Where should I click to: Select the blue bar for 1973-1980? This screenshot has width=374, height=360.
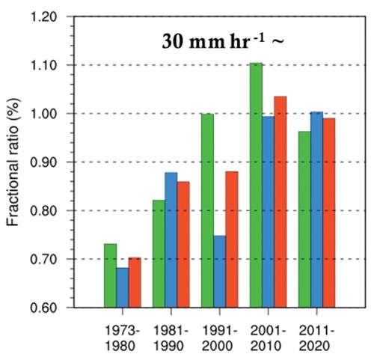pos(123,287)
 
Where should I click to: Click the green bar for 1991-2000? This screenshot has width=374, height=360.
pos(207,210)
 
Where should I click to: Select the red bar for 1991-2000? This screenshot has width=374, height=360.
pos(231,240)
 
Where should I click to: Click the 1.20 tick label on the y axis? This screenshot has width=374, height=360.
pos(53,17)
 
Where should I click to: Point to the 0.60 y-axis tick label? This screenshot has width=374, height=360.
pos(53,308)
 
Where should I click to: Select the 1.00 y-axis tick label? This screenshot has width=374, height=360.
pos(53,114)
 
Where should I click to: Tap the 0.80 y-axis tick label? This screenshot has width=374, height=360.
pos(53,210)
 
